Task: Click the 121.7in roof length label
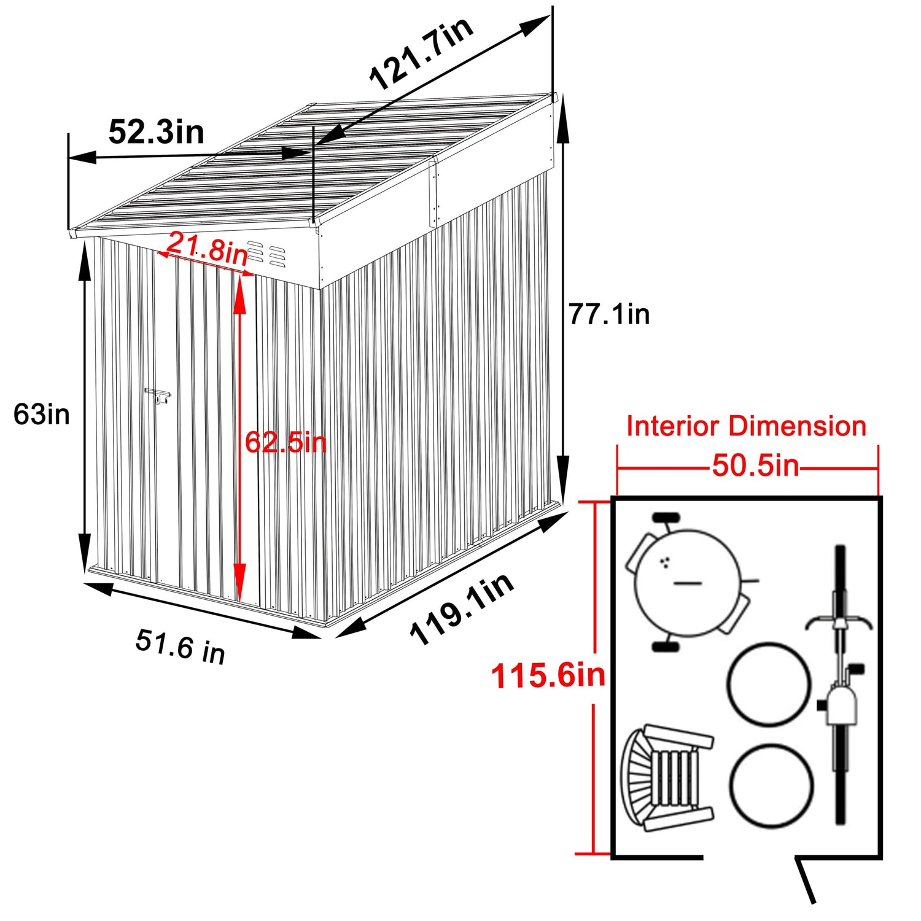[x=421, y=53]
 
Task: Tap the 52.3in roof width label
[x=156, y=132]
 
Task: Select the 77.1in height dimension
[x=608, y=314]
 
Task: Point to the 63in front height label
[x=42, y=414]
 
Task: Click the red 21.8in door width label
[x=207, y=248]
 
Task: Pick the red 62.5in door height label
[x=286, y=441]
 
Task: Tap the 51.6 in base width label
[x=181, y=646]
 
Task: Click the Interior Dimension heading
[x=746, y=426]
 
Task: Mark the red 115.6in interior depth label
[x=548, y=676]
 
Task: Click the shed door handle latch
[x=158, y=395]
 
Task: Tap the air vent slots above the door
[x=266, y=254]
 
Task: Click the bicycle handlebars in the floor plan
[x=839, y=622]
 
